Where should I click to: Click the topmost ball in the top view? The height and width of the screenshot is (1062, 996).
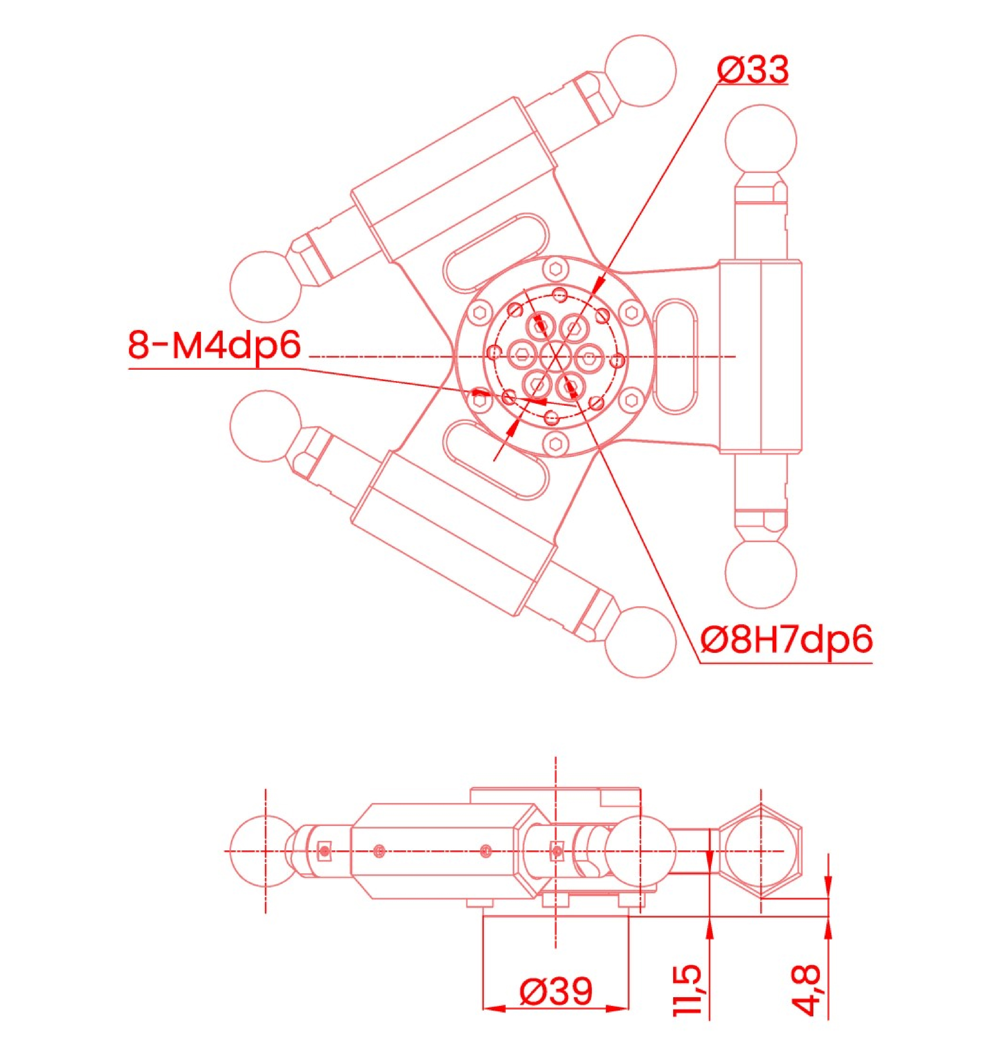coord(640,71)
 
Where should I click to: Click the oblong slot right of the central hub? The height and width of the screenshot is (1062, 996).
coord(675,356)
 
